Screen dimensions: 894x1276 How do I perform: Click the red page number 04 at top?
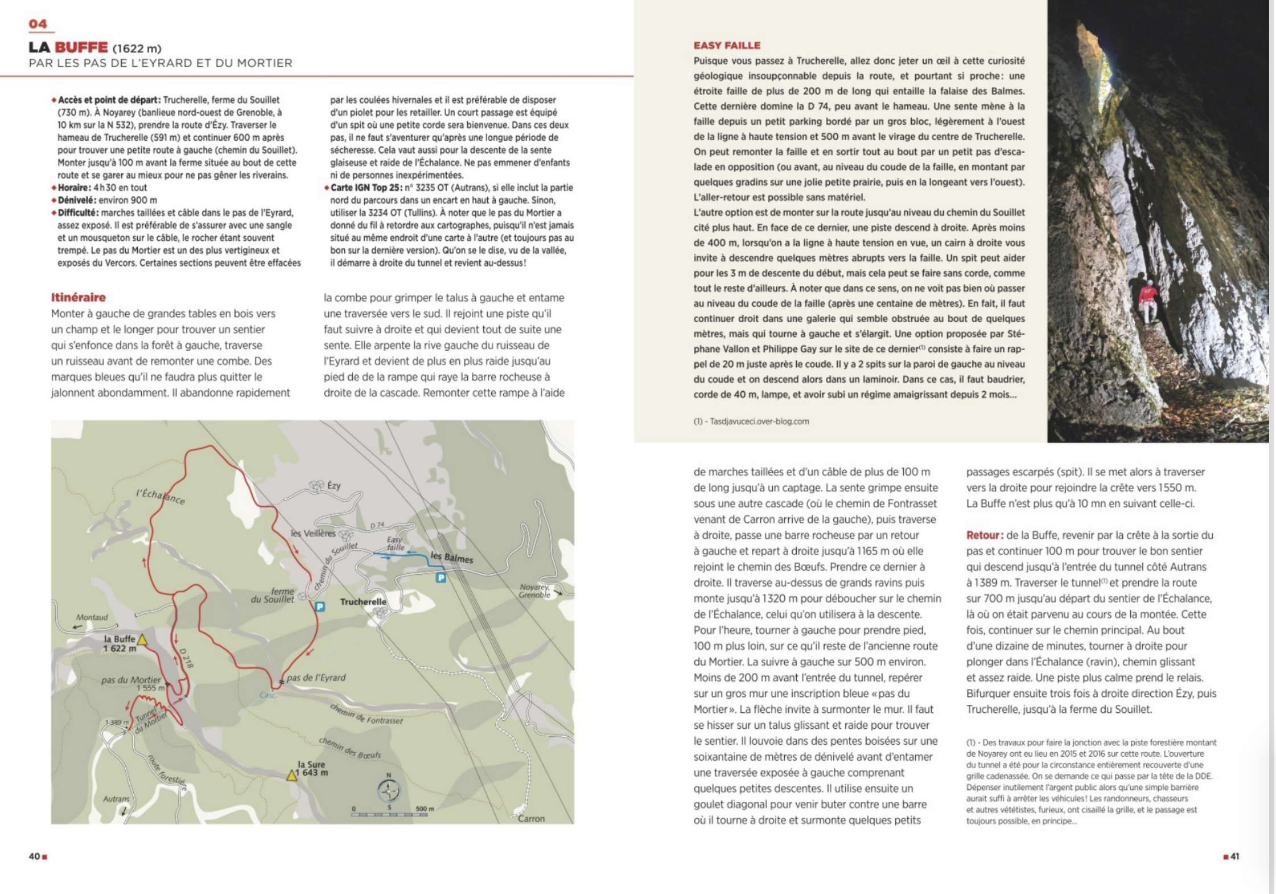[x=38, y=23]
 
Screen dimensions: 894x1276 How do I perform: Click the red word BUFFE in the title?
[x=81, y=47]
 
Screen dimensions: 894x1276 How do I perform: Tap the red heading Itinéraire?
[x=78, y=297]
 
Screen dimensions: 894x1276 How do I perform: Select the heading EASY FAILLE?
[x=727, y=46]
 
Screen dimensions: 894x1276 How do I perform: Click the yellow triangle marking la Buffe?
[x=142, y=640]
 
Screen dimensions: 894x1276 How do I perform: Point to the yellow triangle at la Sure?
[x=292, y=775]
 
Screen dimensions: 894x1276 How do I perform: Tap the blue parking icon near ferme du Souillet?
[x=320, y=606]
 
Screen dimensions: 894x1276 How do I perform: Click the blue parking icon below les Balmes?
[x=441, y=578]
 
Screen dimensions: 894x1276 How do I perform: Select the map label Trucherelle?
[x=363, y=601]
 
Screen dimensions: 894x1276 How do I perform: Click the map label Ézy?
[x=334, y=485]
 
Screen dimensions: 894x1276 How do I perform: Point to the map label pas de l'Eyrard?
[x=316, y=678]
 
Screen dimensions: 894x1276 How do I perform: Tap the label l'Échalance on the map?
[x=160, y=496]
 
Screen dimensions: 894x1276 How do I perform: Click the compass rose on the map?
[x=389, y=790]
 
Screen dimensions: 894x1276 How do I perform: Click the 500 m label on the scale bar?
[x=425, y=809]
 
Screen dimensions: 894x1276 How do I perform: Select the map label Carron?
[x=531, y=818]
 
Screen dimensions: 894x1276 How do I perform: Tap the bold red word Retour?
[x=983, y=535]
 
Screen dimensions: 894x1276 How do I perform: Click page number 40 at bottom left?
[x=35, y=856]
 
